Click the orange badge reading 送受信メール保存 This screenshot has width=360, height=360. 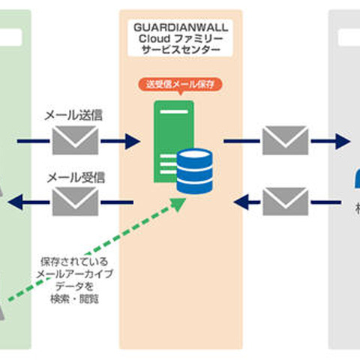click(x=180, y=84)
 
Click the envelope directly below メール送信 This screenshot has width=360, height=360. click(x=75, y=140)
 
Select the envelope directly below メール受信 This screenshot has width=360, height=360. click(x=75, y=201)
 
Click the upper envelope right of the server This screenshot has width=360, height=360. click(x=285, y=140)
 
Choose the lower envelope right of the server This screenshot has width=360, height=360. click(x=285, y=201)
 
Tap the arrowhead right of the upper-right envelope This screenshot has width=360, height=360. click(x=343, y=140)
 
